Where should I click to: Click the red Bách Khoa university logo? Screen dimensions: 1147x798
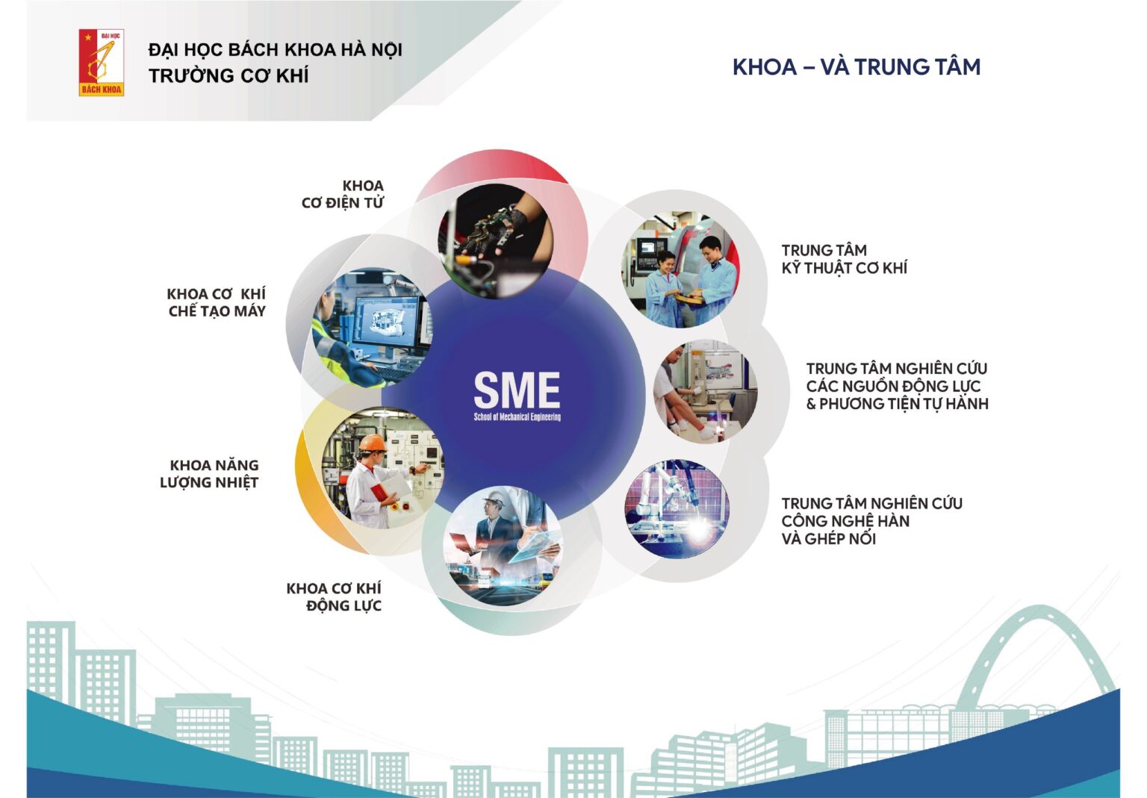102,63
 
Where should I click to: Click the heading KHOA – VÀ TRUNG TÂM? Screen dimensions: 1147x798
857,67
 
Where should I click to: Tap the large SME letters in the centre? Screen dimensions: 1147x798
517,390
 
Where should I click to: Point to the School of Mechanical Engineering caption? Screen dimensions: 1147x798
517,417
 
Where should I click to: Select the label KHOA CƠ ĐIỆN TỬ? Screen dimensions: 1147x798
343,194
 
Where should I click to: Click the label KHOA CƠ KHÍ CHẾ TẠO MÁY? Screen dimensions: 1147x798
216,302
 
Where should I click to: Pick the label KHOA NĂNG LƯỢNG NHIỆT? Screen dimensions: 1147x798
209,474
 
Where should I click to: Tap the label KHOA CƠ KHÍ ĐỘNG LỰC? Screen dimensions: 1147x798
334,597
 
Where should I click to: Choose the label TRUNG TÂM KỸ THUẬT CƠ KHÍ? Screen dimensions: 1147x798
844,260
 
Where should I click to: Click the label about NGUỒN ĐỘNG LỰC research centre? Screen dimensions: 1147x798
897,387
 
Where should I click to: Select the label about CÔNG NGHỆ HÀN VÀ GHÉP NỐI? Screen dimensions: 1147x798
871,521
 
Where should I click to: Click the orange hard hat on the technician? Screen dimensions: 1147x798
373,443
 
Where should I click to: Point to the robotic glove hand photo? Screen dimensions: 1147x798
496,241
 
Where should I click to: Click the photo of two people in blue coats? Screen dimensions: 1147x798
680,269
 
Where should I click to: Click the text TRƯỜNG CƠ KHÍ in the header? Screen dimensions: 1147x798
229,75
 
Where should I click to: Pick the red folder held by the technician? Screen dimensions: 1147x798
380,491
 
